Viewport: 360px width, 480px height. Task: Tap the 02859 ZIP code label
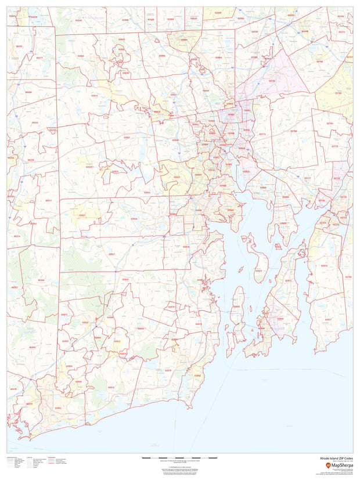(x=81, y=56)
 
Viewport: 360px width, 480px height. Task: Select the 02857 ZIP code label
(x=127, y=138)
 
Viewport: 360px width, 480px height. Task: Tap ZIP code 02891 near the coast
(x=57, y=408)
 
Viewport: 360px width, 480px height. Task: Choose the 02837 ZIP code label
(x=328, y=320)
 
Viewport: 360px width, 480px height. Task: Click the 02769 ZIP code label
(x=293, y=131)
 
